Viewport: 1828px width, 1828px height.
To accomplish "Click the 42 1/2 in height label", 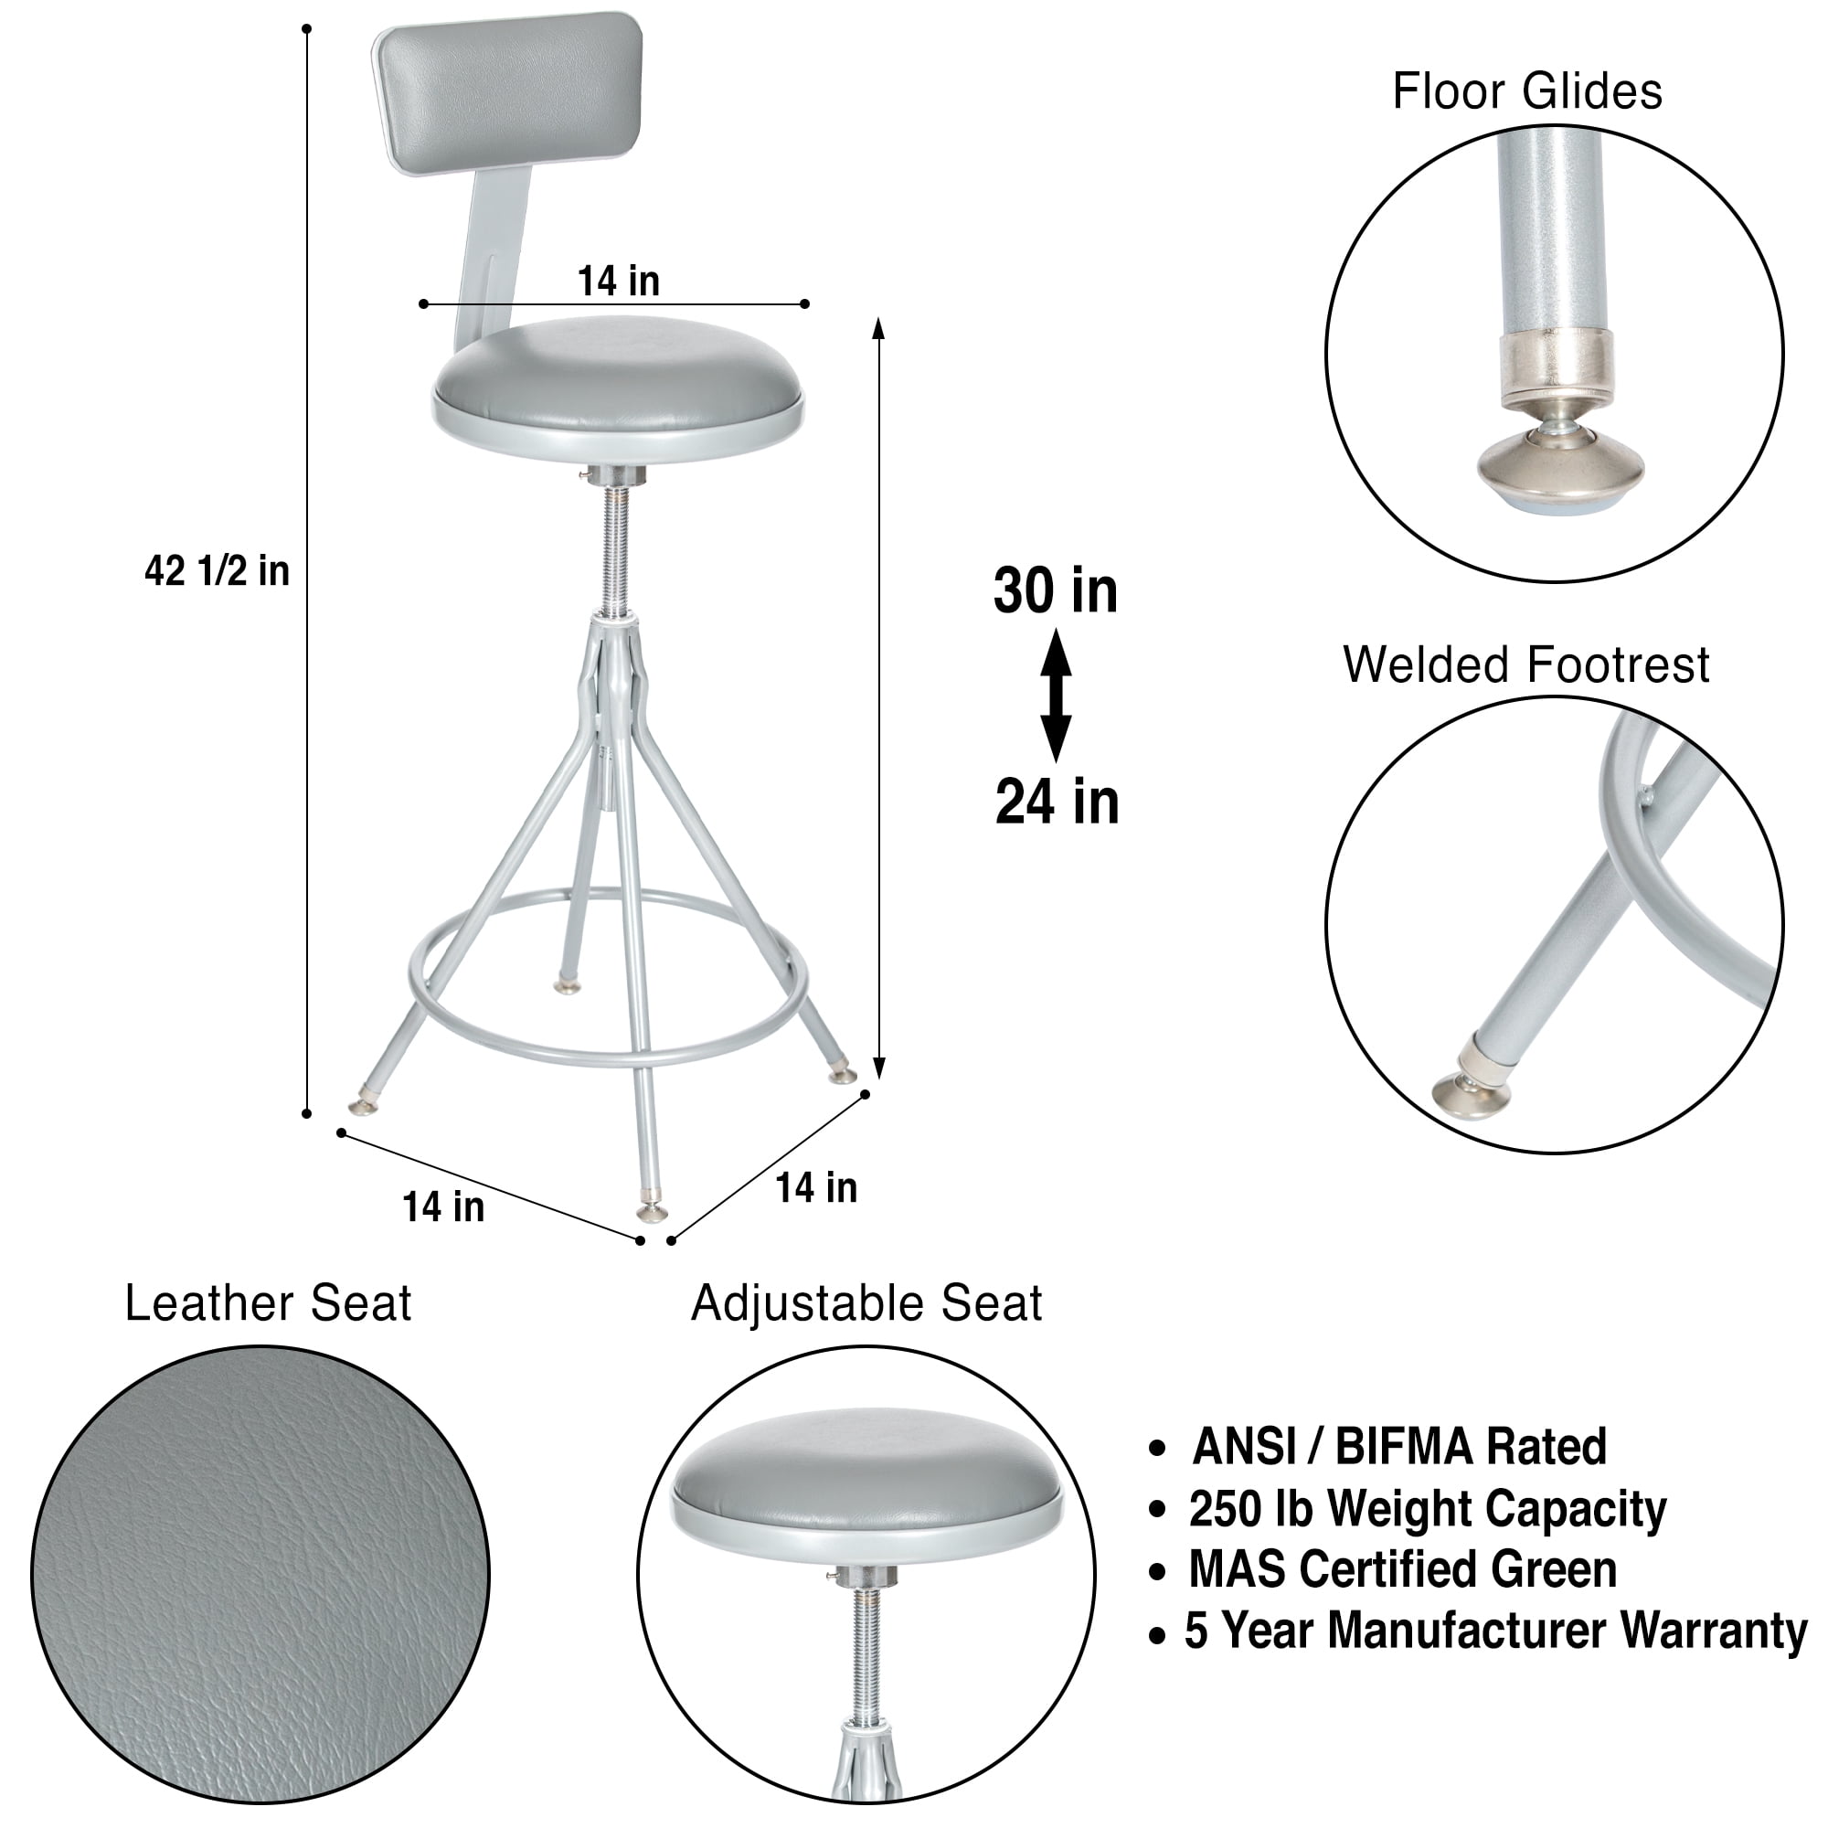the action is coord(217,572).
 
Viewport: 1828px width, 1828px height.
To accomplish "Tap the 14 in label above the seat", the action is coord(619,282).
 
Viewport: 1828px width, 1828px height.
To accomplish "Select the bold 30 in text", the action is coord(1056,591).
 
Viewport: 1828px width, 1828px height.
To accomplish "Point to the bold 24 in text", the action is coord(1057,802).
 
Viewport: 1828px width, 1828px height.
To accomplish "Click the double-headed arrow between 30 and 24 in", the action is coord(1056,696).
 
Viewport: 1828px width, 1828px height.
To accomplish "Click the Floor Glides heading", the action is coord(1527,92).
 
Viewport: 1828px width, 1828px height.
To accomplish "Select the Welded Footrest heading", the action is coord(1526,665).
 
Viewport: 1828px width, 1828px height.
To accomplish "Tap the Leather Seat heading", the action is coord(269,1304).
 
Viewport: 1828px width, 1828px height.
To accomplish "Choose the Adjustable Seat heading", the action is coord(866,1304).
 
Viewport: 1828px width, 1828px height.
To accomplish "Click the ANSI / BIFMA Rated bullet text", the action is coord(1399,1447).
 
